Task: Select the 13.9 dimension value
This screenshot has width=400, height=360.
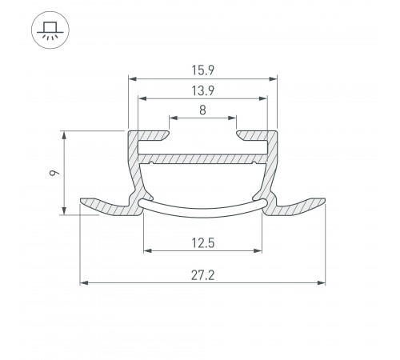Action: pos(202,90)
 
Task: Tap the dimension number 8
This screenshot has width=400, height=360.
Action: pos(202,111)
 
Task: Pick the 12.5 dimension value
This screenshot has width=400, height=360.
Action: pos(202,241)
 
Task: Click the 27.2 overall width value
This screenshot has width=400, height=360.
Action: pos(202,274)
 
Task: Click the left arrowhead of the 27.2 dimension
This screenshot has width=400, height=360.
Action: pos(83,282)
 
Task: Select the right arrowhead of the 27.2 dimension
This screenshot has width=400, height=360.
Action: pos(323,282)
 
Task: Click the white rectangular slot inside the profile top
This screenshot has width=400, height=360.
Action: pos(202,148)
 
